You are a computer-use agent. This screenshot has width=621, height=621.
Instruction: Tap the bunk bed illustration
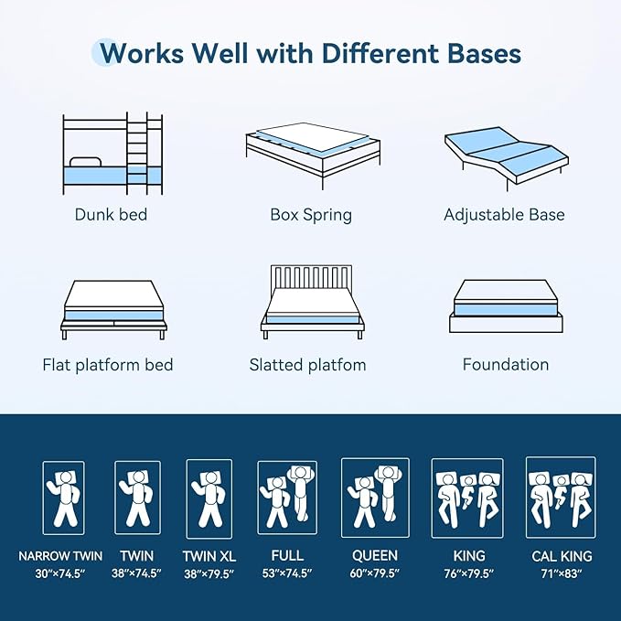tap(112, 154)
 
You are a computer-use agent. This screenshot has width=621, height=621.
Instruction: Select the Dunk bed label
tap(112, 216)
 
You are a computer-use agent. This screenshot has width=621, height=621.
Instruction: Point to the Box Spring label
tap(311, 216)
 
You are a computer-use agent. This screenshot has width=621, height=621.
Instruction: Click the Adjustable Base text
tap(504, 216)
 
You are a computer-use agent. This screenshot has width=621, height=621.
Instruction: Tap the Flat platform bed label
tap(108, 365)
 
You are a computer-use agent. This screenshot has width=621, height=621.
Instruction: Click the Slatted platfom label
tap(307, 365)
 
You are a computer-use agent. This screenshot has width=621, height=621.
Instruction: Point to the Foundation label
tap(506, 365)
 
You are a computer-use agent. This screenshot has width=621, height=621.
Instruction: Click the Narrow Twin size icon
tap(64, 498)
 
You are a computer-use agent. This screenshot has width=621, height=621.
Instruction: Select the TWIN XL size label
tap(209, 555)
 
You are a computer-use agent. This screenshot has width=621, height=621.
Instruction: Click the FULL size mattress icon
tap(287, 497)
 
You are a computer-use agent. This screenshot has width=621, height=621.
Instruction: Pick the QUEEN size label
tap(375, 555)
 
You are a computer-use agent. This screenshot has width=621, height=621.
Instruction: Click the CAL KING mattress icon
tap(561, 497)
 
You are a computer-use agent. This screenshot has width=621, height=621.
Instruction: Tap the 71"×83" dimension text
tap(562, 573)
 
